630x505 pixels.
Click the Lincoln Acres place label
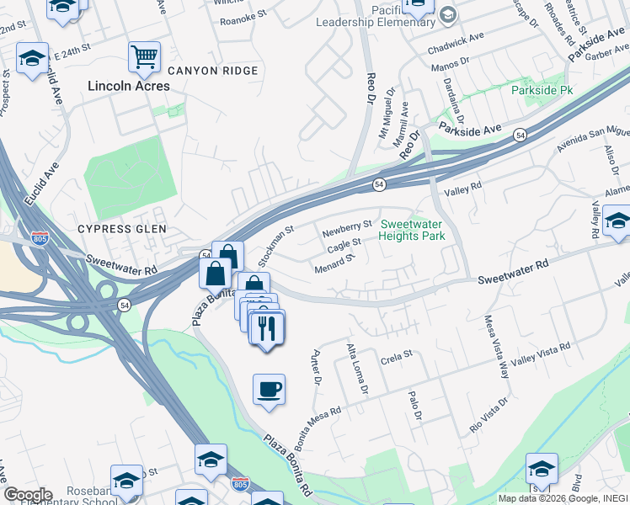[129, 86]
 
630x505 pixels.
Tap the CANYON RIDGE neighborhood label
[212, 71]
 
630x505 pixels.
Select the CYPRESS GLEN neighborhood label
[122, 229]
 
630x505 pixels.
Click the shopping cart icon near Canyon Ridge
[144, 56]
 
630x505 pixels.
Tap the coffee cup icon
[269, 389]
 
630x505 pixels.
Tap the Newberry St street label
[346, 227]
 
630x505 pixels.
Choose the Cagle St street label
[344, 245]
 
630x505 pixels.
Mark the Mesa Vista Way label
[497, 346]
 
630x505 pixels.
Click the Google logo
[27, 494]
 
